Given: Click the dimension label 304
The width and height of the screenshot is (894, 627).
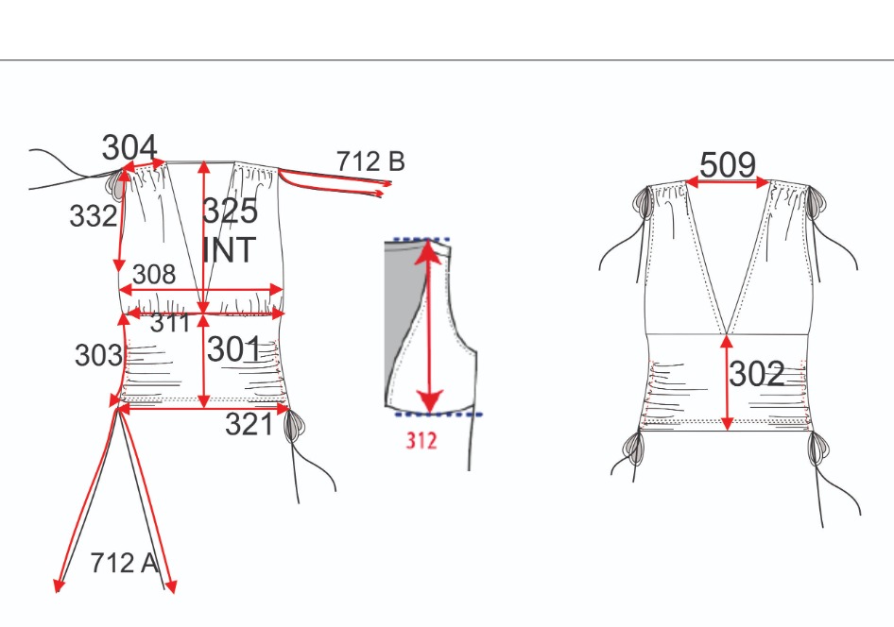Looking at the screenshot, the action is [129, 147].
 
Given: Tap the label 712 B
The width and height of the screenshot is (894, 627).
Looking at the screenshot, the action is [370, 161].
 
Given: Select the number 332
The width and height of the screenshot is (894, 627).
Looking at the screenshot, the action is [93, 216].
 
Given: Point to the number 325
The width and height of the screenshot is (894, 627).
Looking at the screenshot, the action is [231, 211].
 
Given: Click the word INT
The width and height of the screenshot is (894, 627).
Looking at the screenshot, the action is [230, 250].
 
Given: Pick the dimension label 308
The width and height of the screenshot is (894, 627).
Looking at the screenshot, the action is [154, 275].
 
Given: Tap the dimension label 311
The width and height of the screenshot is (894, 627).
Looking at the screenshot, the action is [169, 324].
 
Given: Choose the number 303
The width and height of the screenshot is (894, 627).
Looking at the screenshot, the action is [98, 355].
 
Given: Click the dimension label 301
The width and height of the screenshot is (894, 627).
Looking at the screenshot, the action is [233, 349].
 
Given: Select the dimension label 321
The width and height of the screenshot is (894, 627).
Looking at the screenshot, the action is [249, 424].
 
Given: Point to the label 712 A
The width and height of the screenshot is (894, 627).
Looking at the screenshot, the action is [124, 563].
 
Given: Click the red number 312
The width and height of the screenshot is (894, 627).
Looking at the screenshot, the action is [421, 441].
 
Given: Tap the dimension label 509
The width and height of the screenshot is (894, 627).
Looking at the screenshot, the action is [728, 165].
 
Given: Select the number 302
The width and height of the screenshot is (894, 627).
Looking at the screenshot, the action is [757, 374].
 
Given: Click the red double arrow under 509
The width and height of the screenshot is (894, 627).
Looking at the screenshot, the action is [728, 182].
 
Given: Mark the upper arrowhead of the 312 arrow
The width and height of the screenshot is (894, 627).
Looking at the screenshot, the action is [429, 252].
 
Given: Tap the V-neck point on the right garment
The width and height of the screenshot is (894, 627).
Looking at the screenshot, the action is [727, 334].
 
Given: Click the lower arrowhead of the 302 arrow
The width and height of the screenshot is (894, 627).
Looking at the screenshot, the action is [727, 423].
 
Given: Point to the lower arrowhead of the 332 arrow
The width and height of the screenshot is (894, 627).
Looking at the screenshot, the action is [119, 265].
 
